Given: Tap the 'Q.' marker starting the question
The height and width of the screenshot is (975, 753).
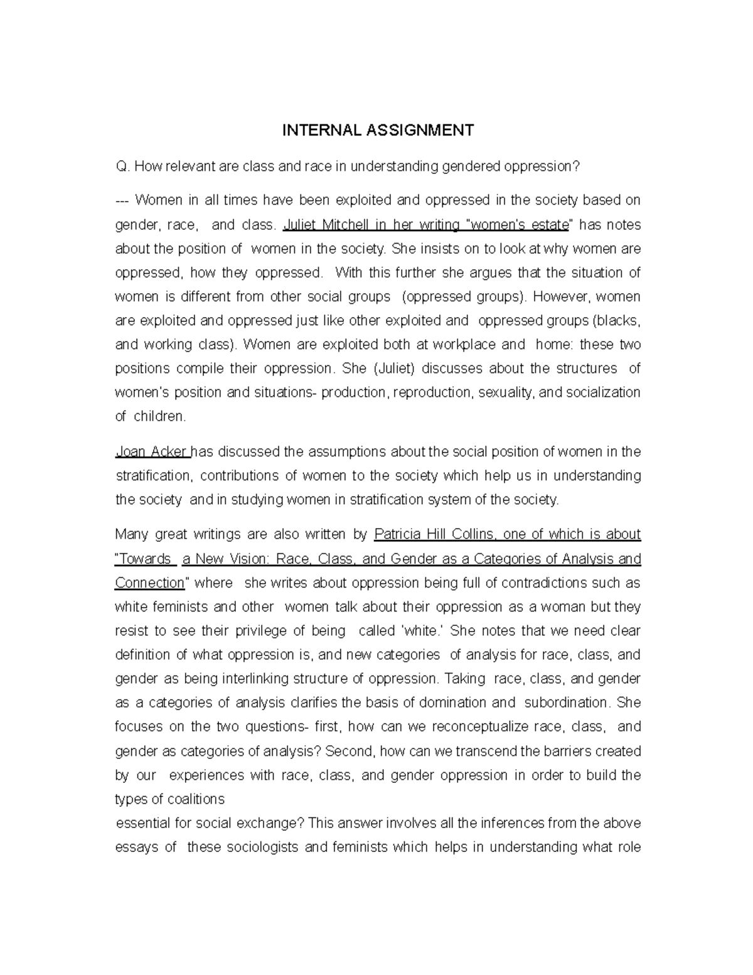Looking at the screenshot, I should coord(122,166).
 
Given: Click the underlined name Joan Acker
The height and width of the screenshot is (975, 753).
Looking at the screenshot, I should coord(152,452).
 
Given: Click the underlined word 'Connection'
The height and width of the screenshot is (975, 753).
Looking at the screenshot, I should coord(150,583).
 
